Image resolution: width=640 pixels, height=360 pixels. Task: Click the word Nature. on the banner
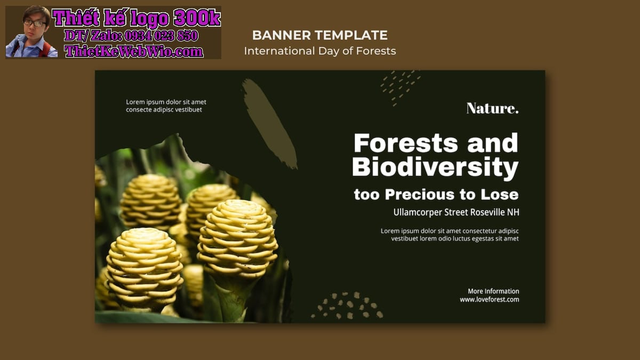pos(492,108)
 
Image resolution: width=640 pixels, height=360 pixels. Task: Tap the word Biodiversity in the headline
pos(435,167)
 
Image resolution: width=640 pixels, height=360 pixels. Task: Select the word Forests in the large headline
pos(406,143)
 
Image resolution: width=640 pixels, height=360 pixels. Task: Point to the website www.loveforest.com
pos(490,299)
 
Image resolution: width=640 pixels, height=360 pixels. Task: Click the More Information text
pos(493,291)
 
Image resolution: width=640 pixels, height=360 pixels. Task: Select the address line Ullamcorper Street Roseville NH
pos(457,212)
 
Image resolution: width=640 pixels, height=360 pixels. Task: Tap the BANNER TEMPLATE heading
pos(319,35)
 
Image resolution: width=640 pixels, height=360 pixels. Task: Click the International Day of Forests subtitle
pos(319,51)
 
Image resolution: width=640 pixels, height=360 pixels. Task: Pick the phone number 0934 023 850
pos(161,36)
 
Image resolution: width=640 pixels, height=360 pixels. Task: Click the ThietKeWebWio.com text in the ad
pos(134,51)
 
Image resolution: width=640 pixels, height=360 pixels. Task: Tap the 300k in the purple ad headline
pos(197,18)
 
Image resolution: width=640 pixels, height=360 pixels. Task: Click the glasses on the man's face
pos(35,23)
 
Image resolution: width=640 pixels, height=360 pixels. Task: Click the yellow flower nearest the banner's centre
pos(237,238)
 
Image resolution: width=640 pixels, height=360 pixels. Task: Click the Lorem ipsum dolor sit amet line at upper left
pos(166,102)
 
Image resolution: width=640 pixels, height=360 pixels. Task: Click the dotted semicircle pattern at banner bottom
pos(347,306)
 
